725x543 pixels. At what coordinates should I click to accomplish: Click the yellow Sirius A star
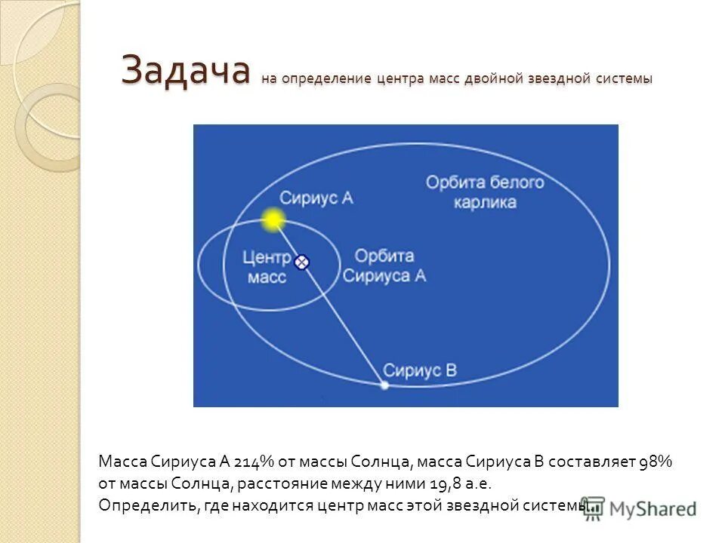273,220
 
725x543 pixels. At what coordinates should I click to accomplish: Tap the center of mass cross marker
301,262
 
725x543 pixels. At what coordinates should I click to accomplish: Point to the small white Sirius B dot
384,385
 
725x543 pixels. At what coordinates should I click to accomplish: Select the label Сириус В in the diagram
420,370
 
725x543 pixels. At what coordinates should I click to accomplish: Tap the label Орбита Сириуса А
384,265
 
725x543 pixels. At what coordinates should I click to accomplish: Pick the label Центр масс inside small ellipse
267,267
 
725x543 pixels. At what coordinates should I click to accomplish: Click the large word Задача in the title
186,72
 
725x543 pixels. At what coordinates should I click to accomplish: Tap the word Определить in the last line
148,505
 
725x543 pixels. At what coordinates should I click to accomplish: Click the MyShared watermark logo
638,509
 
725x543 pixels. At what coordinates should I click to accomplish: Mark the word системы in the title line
625,78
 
